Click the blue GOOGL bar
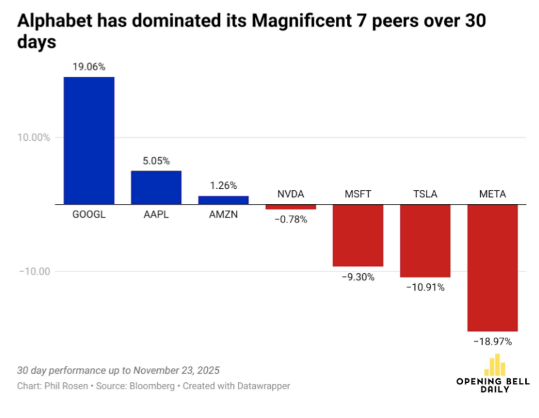tap(89, 140)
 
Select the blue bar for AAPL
tap(156, 187)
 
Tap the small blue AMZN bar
tap(224, 200)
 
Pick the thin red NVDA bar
tap(291, 207)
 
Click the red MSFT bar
tap(358, 235)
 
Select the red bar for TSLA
tap(425, 240)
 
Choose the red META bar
tap(492, 268)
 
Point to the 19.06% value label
tap(89, 67)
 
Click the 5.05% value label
tap(156, 161)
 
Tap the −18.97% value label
tap(492, 340)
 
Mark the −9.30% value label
tap(358, 277)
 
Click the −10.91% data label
tap(425, 288)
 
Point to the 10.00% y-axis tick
tap(34, 137)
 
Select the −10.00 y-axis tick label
tap(34, 271)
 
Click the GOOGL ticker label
tap(89, 214)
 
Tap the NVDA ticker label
tap(291, 194)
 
